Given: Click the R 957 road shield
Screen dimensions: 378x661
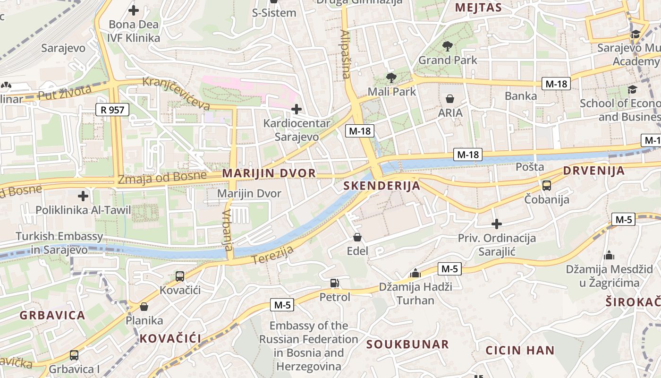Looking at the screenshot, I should pos(112,110).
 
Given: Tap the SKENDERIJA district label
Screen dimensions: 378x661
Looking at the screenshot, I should pos(381,186).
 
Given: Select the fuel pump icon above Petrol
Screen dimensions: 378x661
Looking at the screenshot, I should pos(334,283).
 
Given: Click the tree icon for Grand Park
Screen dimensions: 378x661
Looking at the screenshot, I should pos(447,46).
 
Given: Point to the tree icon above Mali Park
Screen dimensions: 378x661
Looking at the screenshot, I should pos(391,77).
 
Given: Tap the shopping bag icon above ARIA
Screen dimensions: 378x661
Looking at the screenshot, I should pos(450,99).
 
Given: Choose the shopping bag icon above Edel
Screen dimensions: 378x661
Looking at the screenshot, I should pos(357,237).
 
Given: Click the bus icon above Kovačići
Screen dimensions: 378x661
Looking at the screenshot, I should pos(179,276).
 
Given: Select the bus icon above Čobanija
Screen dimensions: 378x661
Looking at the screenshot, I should pos(546,185).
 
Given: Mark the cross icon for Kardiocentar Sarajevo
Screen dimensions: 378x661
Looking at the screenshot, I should pos(296,110).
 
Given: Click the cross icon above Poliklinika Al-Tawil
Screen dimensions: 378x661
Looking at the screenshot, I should pos(83,196).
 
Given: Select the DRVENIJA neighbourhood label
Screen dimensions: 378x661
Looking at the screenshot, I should pos(593,171).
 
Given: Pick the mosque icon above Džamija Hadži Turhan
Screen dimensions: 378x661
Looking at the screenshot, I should pos(415,273).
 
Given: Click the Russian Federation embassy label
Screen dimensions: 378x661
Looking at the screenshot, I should pos(309,346).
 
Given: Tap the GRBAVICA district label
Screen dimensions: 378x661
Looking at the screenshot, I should pos(52,315).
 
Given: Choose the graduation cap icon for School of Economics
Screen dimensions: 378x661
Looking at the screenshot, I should pos(632,89).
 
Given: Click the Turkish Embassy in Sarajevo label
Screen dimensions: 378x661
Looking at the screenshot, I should pos(59,243).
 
